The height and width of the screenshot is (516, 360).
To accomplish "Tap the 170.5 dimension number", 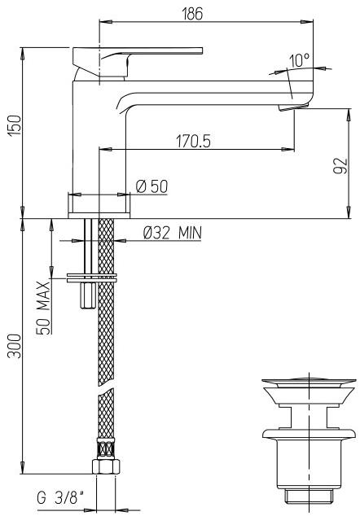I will [x=192, y=141].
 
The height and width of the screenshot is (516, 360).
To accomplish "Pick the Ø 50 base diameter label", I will [x=152, y=187].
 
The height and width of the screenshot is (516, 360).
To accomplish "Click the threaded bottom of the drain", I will [x=309, y=495].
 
